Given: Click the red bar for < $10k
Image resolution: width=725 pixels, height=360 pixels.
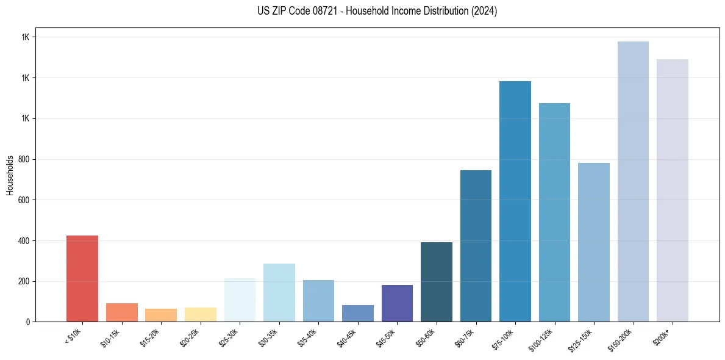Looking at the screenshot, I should coord(82,278).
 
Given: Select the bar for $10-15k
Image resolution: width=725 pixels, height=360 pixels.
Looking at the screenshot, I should coord(122,312).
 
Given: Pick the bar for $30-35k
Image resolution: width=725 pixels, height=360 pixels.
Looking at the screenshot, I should coord(279,292).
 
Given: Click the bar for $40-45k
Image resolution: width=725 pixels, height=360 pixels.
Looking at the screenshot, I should coord(358,313).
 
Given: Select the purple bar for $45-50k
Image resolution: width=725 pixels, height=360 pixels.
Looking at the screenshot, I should coord(397,303).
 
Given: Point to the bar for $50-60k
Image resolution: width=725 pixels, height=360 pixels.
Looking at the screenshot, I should coord(437,281).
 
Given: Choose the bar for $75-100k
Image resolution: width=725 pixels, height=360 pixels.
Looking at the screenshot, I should coord(515,201).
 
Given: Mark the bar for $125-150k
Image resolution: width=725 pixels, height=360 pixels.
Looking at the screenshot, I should coord(594,242).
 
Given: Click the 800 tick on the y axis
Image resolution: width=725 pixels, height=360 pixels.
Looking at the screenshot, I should coord(24,159).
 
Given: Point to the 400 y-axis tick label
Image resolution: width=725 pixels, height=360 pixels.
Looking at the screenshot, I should coord(24,241).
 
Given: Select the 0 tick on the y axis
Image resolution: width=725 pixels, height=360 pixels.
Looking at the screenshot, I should coord(28,322).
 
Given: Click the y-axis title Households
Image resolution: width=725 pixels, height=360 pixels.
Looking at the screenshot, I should coord(10,175).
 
